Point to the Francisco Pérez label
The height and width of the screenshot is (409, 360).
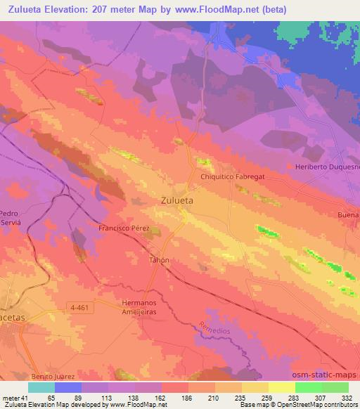coord(124,228)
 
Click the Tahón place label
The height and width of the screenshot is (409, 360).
coord(158,259)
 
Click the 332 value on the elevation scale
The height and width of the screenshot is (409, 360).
coord(347,397)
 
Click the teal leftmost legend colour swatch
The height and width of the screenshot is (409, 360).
coord(41,387)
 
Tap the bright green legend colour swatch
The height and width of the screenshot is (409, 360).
coord(307,387)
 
